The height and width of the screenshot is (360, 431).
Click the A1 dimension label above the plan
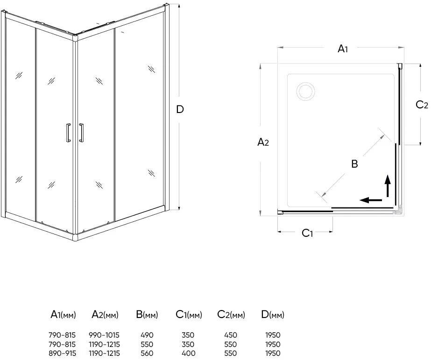[x=343, y=49]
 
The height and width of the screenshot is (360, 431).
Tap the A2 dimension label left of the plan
[x=263, y=142]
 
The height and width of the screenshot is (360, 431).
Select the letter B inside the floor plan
[x=354, y=164]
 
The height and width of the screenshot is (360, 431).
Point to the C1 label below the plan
[x=307, y=233]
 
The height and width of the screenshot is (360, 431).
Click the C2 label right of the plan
[x=422, y=105]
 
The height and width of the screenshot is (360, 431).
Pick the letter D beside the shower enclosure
[x=180, y=110]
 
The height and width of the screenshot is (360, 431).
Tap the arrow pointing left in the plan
[x=371, y=200]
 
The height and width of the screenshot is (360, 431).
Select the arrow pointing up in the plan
[x=388, y=185]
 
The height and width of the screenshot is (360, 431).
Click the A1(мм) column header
[x=63, y=315]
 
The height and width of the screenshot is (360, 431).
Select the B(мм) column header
[x=147, y=315]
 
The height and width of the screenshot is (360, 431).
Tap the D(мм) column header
[x=273, y=315]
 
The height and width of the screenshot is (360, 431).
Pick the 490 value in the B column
[x=147, y=335]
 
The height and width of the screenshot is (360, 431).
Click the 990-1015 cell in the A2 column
[x=104, y=335]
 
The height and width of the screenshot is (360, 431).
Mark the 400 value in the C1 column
[x=189, y=353]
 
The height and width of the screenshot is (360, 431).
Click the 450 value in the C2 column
[x=231, y=335]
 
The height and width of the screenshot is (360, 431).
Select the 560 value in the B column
[x=147, y=353]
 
